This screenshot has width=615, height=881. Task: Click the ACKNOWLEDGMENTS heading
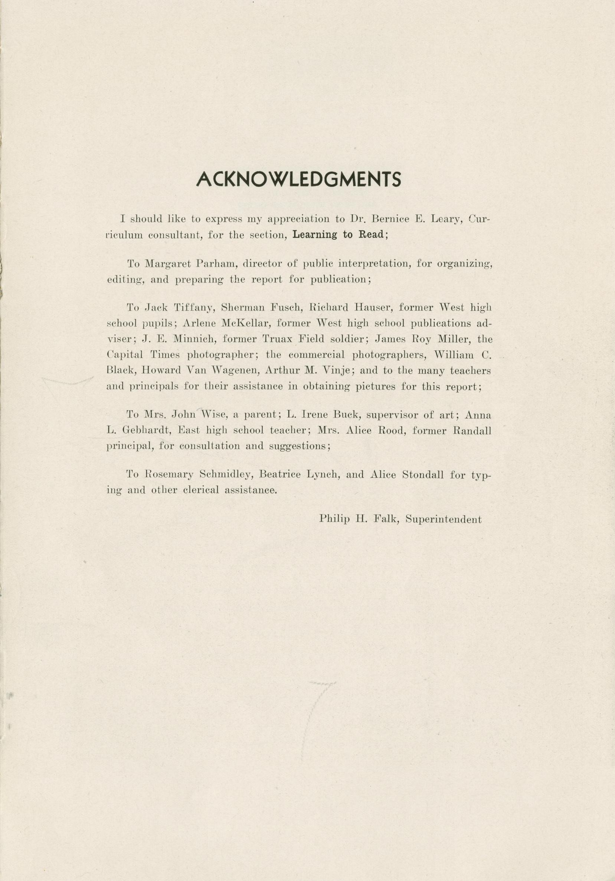298,179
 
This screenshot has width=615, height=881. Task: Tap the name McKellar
243,324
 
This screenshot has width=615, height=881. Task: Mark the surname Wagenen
212,371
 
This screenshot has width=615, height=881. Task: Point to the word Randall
472,431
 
